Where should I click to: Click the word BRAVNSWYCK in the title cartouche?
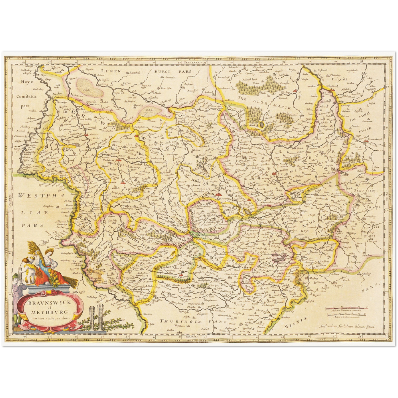49,302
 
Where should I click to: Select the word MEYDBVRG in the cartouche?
49,312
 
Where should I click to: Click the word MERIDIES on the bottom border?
190,337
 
